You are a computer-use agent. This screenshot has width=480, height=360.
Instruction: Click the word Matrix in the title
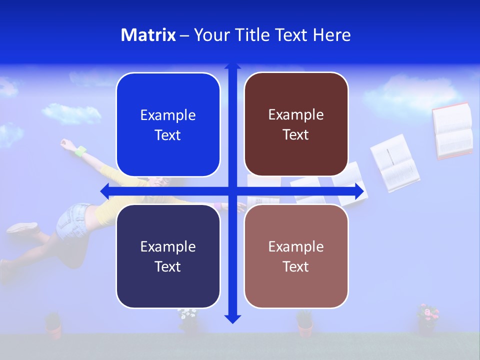tap(148, 35)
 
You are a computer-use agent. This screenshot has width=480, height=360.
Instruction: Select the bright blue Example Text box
tap(168, 124)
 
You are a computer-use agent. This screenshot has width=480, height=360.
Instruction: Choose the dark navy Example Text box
tap(168, 256)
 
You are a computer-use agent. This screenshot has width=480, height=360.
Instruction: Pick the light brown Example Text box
tap(296, 256)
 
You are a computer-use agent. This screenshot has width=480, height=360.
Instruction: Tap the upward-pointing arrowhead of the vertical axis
tap(232, 66)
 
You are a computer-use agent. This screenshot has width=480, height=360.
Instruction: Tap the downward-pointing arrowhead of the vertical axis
tap(232, 319)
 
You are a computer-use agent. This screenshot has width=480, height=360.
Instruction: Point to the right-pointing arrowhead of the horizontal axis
tap(359, 191)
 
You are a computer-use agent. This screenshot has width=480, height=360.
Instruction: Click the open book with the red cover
tap(452, 130)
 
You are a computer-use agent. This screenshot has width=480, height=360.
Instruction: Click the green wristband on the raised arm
tap(80, 150)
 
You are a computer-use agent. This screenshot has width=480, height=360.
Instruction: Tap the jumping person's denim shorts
tap(72, 220)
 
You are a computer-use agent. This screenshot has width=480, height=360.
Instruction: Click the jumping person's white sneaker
tap(22, 227)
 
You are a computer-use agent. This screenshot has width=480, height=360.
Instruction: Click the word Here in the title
tap(331, 35)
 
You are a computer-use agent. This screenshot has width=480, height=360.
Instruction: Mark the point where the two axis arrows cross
tap(232, 191)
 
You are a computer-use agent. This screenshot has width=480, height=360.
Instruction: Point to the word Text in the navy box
tap(168, 266)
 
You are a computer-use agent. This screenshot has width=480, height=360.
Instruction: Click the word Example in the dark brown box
tap(296, 114)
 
